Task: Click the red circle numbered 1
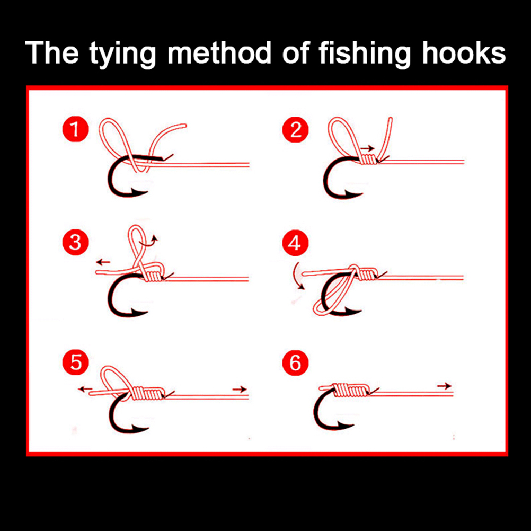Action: coord(76,129)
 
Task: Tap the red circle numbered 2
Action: coord(295,129)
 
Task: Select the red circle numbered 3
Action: coord(76,243)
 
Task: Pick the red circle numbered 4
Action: coord(295,243)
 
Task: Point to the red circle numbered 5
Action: coord(76,362)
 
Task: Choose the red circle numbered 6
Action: coord(295,362)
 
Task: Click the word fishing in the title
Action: coord(365,54)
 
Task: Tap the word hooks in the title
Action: coord(464,52)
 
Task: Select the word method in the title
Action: coord(219,52)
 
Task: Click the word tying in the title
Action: coord(122,54)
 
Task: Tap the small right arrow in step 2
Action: coord(367,148)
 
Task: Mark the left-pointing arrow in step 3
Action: coord(103,262)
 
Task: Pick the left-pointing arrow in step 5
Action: coord(85,389)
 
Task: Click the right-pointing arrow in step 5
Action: coord(240,389)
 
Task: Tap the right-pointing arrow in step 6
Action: coord(444,385)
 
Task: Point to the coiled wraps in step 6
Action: coord(349,390)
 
